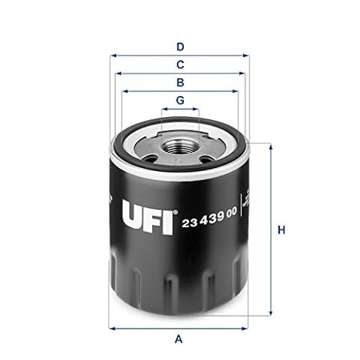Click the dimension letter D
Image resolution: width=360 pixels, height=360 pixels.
(x=180, y=47)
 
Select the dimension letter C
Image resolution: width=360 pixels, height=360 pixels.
(x=180, y=64)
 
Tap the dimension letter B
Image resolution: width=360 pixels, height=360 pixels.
(x=180, y=82)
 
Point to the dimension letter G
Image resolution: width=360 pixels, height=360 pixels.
(x=180, y=100)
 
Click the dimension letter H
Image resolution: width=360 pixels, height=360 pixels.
(x=282, y=229)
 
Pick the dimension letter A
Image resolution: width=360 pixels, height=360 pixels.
(x=178, y=339)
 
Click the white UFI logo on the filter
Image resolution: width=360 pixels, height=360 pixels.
(x=148, y=217)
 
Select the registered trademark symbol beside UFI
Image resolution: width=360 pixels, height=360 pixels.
(x=175, y=212)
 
